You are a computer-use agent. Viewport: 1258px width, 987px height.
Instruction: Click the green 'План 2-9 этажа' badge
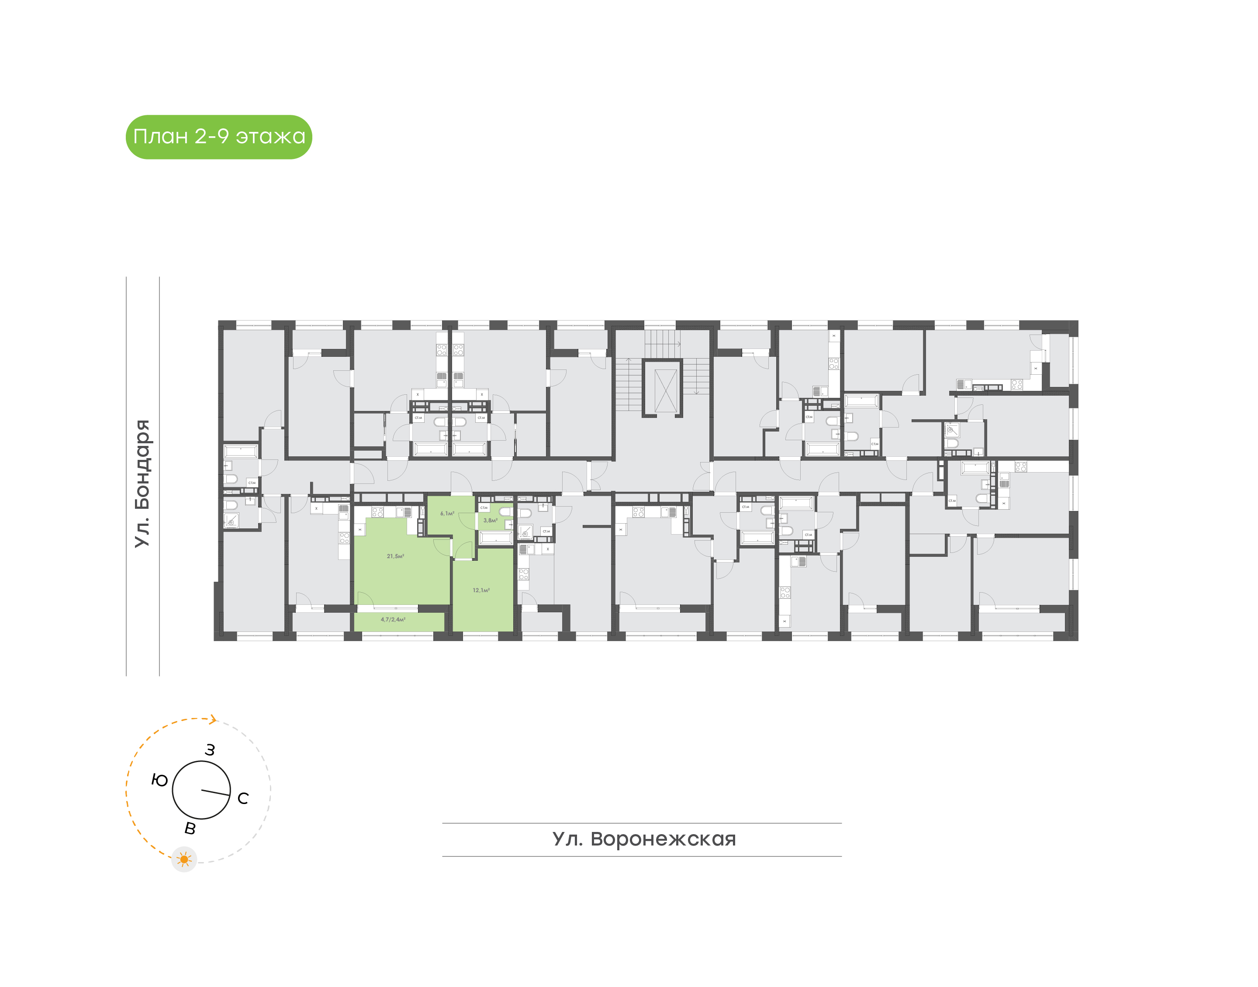point(218,137)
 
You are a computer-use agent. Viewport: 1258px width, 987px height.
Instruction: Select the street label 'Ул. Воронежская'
point(644,839)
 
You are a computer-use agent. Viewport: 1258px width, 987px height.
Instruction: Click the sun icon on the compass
point(184,859)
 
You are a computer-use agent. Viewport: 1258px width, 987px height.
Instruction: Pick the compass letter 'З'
point(210,750)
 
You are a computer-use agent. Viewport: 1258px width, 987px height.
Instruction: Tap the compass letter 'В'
point(190,828)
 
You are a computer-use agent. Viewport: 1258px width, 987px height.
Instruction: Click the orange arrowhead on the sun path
point(213,719)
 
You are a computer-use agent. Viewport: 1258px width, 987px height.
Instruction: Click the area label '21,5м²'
point(395,556)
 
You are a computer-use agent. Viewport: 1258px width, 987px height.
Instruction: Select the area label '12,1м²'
point(481,590)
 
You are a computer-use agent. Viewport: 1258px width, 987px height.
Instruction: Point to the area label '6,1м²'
point(447,513)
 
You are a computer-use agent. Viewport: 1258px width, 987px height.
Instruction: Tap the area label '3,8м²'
point(490,520)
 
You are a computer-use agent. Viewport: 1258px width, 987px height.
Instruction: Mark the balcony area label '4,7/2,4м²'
point(393,619)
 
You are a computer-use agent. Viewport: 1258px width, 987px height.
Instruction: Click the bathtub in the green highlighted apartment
point(496,538)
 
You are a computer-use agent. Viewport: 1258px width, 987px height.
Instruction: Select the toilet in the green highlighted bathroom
point(506,512)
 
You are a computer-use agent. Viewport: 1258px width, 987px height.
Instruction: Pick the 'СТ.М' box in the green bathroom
point(484,507)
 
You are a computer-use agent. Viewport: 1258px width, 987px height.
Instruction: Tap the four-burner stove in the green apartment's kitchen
point(377,512)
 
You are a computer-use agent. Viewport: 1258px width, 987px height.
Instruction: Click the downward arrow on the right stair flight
point(696,392)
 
